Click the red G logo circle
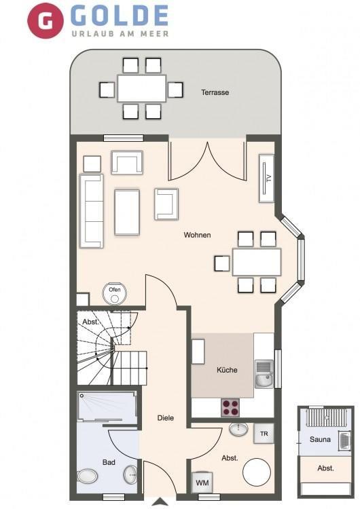[x=46, y=21]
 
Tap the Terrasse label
[x=215, y=92]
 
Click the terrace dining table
[x=142, y=88]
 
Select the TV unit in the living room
[x=266, y=178]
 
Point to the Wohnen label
[x=197, y=235]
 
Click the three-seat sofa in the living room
[x=92, y=211]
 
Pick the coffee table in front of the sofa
[x=127, y=212]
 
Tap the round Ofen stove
[x=114, y=293]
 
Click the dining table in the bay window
[x=257, y=262]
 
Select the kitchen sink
[x=264, y=374]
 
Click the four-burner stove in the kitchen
[x=231, y=408]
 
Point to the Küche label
[x=227, y=370]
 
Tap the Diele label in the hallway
[x=165, y=418]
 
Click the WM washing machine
[x=202, y=482]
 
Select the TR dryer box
[x=264, y=434]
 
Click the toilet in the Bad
[x=88, y=476]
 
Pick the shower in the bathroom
[x=107, y=408]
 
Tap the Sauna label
[x=320, y=440]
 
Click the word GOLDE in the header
[x=120, y=16]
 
